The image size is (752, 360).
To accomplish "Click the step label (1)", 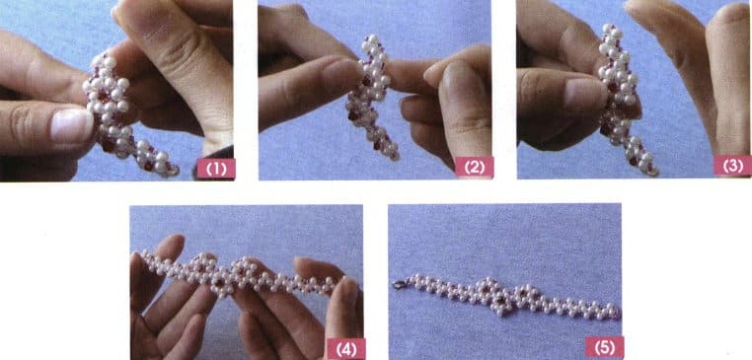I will click(x=215, y=168).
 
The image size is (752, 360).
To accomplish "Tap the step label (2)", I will click(x=475, y=168).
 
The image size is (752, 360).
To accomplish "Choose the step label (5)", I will click(x=604, y=346).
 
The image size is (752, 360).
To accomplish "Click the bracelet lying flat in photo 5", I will click(x=503, y=295).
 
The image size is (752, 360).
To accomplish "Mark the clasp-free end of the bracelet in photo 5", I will click(x=614, y=311).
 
